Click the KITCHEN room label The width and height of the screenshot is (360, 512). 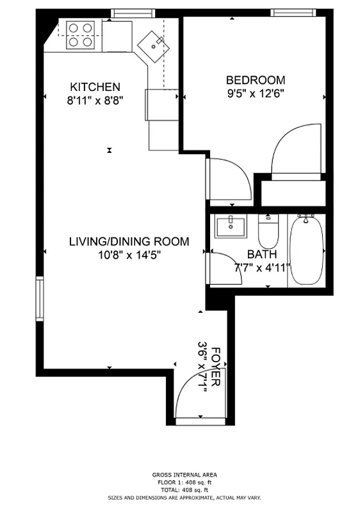tap(95, 86)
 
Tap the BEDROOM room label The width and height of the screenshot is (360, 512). tap(256, 80)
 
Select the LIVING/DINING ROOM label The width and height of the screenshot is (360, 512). tap(129, 241)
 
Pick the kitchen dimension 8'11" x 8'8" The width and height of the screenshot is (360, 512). tap(95, 100)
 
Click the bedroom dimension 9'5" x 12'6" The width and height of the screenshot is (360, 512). tap(256, 94)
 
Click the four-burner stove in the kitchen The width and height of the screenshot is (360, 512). tap(80, 35)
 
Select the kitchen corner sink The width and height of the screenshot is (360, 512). tap(154, 44)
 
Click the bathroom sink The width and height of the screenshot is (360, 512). tap(229, 227)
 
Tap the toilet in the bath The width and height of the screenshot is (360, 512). tap(268, 232)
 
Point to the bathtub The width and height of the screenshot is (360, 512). tap(306, 251)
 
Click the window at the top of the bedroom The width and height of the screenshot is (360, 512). tap(293, 13)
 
